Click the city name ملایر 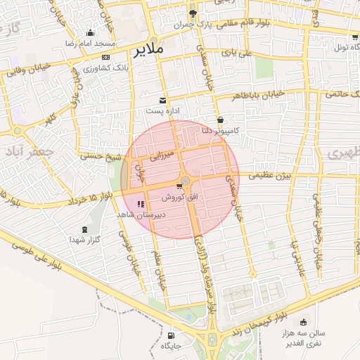148,50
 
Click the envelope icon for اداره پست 163,100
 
